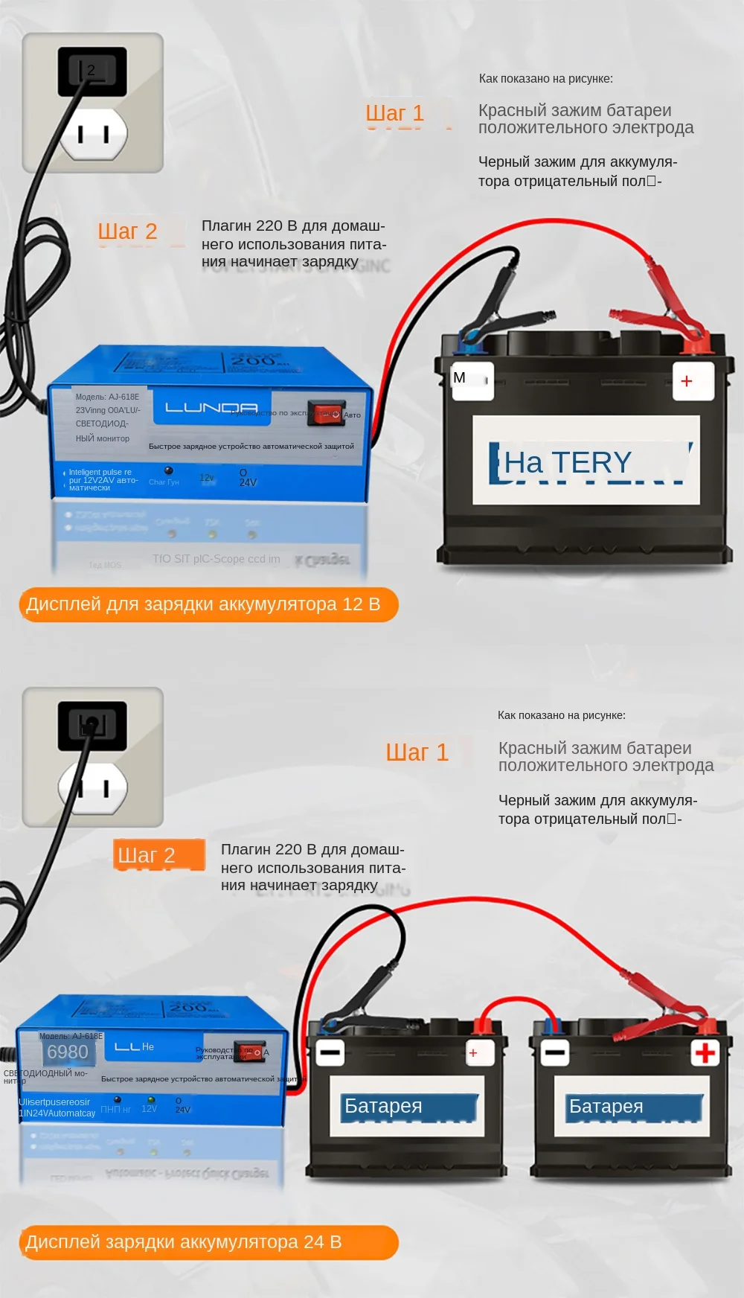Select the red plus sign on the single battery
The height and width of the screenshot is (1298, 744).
[687, 381]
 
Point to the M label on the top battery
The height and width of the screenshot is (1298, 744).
[460, 378]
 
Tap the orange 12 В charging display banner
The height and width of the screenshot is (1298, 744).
[208, 604]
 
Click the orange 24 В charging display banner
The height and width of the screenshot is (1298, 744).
[208, 1242]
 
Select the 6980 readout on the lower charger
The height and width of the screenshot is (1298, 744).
[68, 1052]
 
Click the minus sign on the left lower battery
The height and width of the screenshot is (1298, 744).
[330, 1052]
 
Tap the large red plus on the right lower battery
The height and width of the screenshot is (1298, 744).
[705, 1052]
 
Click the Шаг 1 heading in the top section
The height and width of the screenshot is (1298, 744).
[394, 113]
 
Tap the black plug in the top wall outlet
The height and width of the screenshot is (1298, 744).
[92, 71]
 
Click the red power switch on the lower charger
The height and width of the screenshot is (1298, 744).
[249, 1052]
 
